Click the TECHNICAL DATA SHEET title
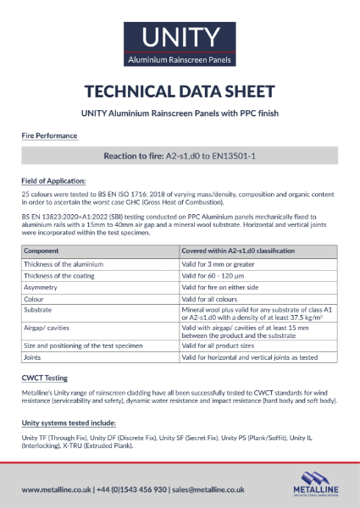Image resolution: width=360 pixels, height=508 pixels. (180, 92)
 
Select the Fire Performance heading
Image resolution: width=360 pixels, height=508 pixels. (49, 135)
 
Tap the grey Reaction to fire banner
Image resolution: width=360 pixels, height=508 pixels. (180, 157)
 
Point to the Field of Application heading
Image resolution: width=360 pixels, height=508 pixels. (53, 180)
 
